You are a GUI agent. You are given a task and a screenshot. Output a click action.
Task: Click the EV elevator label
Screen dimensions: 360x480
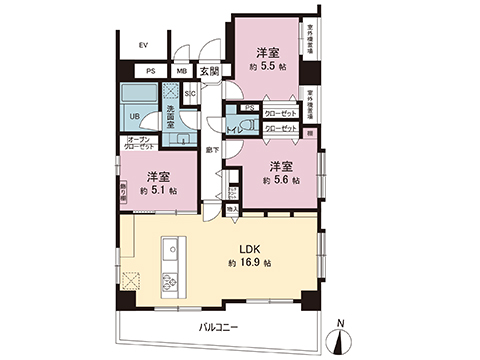143,46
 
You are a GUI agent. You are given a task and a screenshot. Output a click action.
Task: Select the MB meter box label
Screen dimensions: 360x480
181,71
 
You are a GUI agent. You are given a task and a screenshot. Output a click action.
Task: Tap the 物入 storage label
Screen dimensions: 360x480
232,209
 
